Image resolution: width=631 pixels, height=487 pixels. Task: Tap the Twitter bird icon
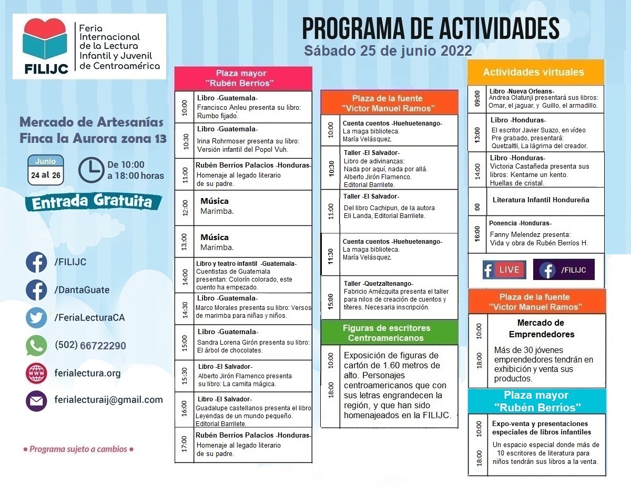pos(36,317)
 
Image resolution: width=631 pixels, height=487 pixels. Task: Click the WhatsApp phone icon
pos(36,346)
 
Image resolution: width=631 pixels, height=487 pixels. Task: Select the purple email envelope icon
pos(36,400)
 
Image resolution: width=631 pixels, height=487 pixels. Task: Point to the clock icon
pos(91,170)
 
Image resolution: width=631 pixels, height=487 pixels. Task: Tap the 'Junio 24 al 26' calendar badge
pos(46,170)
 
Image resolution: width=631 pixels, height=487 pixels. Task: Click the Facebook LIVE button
pos(504,270)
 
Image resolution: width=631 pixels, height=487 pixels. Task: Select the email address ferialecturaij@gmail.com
pos(108,400)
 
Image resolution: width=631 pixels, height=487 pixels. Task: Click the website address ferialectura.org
pos(87,373)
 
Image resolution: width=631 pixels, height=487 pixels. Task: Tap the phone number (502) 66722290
pos(90,346)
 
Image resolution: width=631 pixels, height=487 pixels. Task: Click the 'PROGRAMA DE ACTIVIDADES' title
pos(430,29)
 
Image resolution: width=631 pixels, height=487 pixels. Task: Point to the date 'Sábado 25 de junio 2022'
pos(388,51)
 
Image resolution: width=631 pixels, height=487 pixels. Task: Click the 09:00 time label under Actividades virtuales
pos(477,98)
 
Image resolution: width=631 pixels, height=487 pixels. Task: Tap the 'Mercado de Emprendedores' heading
pos(541,328)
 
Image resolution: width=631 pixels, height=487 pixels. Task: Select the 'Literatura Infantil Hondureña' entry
pos(541,200)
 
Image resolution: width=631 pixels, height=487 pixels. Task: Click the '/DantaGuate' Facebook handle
pos(82,290)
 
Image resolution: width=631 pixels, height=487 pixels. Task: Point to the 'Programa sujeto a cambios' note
pos(78,450)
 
